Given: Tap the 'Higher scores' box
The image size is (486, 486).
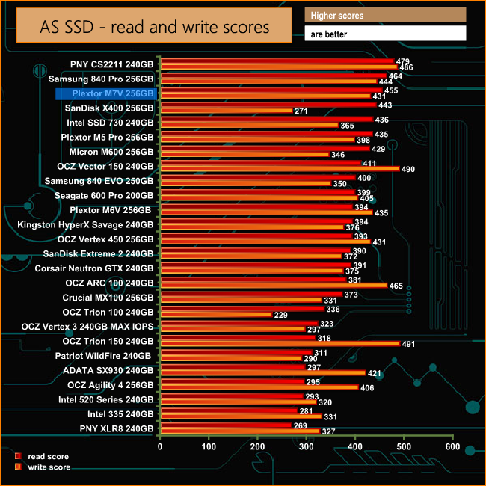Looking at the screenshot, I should click(385, 15).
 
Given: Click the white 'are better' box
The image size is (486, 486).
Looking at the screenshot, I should click(385, 34).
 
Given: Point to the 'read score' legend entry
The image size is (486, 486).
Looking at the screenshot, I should click(48, 455).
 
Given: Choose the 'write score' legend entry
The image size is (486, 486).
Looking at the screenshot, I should click(49, 467).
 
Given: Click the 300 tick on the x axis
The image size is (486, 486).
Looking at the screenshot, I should click(306, 446).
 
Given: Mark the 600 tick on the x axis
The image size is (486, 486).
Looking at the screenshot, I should click(452, 446).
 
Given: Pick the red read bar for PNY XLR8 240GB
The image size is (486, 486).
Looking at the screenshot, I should click(225, 425).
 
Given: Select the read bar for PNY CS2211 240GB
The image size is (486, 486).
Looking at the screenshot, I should click(276, 61).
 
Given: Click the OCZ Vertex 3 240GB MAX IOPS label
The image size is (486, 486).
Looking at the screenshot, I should click(87, 327).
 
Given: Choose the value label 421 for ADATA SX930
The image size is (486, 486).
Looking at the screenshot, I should click(375, 373).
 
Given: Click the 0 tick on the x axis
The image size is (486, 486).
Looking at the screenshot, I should click(160, 446).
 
